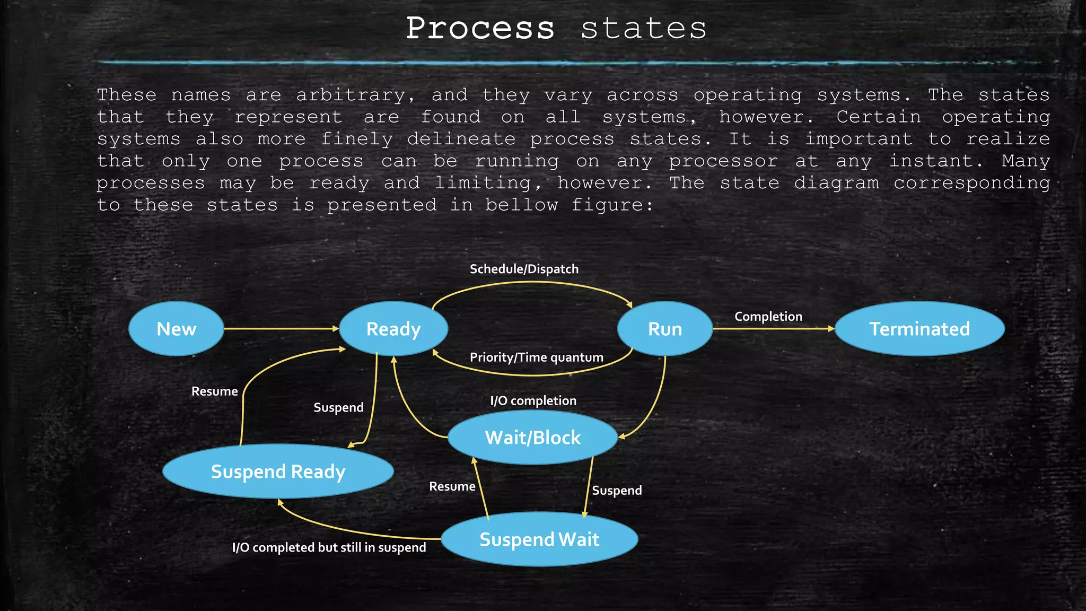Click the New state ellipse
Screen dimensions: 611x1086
click(x=176, y=329)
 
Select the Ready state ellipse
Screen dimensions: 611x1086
click(x=393, y=329)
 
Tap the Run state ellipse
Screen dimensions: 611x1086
click(x=665, y=329)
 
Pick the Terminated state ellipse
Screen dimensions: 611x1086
click(x=919, y=329)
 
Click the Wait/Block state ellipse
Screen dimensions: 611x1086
click(x=532, y=438)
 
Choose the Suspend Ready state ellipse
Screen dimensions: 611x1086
click(x=278, y=472)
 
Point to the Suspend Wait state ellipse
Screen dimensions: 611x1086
click(x=539, y=539)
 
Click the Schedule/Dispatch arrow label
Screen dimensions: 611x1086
click(x=524, y=269)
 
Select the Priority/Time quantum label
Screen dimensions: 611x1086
click(x=536, y=357)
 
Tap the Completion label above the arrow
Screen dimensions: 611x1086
click(x=768, y=317)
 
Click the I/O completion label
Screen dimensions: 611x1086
click(x=533, y=400)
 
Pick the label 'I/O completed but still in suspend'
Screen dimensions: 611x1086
click(x=329, y=547)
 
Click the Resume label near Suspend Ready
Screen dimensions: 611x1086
click(x=214, y=391)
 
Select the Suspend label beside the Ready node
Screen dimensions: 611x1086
click(x=338, y=407)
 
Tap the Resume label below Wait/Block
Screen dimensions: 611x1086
click(x=452, y=486)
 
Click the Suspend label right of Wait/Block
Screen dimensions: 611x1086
click(x=617, y=491)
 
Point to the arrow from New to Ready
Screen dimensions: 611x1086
click(x=281, y=329)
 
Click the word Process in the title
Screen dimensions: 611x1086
click(x=480, y=29)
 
